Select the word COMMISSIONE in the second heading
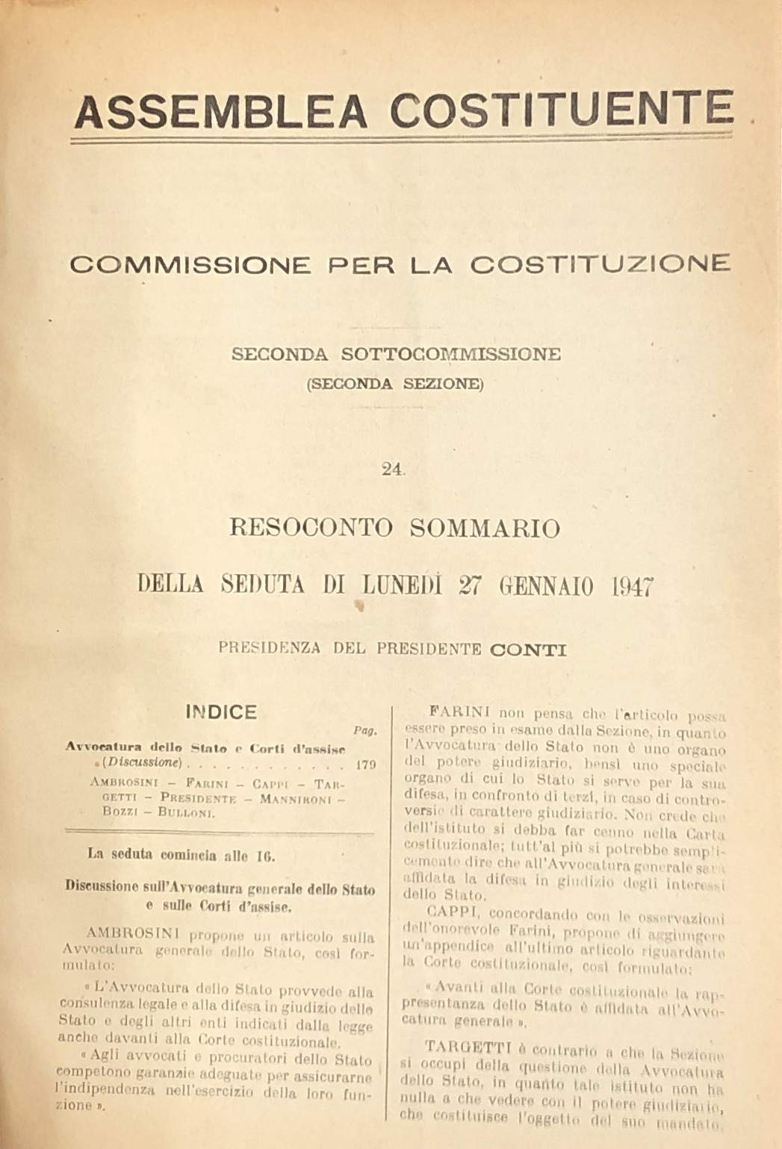190,264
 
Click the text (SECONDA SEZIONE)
395,384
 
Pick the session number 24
391,469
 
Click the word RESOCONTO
310,528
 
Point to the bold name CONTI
527,649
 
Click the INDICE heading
221,711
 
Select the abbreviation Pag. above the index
364,731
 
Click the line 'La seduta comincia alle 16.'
171,856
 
